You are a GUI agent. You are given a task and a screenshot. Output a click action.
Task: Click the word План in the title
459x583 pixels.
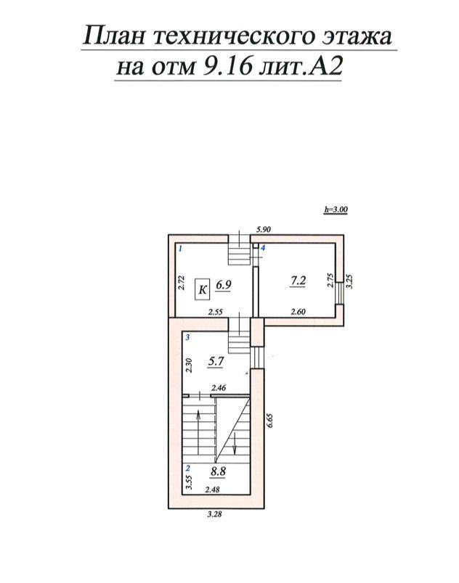(113, 36)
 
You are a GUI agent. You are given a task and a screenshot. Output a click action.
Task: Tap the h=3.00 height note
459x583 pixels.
(336, 210)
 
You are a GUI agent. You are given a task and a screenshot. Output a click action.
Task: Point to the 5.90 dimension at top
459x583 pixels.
(263, 229)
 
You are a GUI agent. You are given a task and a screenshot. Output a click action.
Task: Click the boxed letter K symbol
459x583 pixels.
(203, 289)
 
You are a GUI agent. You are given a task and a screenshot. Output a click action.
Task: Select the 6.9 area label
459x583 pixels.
(224, 285)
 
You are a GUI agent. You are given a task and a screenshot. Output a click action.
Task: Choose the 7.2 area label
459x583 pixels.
(298, 281)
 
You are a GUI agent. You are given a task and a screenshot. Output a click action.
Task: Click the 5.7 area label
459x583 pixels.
(216, 360)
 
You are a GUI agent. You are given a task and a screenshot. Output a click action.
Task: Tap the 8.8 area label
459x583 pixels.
(218, 471)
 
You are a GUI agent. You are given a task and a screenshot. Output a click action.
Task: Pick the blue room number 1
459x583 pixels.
(181, 249)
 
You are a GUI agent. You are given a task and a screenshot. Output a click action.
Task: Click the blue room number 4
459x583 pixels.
(263, 247)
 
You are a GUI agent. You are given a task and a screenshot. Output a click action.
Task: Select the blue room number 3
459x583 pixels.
(188, 337)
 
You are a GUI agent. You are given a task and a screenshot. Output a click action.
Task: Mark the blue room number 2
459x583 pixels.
(188, 468)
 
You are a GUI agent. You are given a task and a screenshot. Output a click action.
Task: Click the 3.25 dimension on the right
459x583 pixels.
(349, 281)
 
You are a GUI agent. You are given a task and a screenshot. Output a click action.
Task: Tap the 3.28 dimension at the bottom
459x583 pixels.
(215, 515)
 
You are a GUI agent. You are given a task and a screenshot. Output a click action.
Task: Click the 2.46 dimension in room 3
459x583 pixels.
(219, 388)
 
